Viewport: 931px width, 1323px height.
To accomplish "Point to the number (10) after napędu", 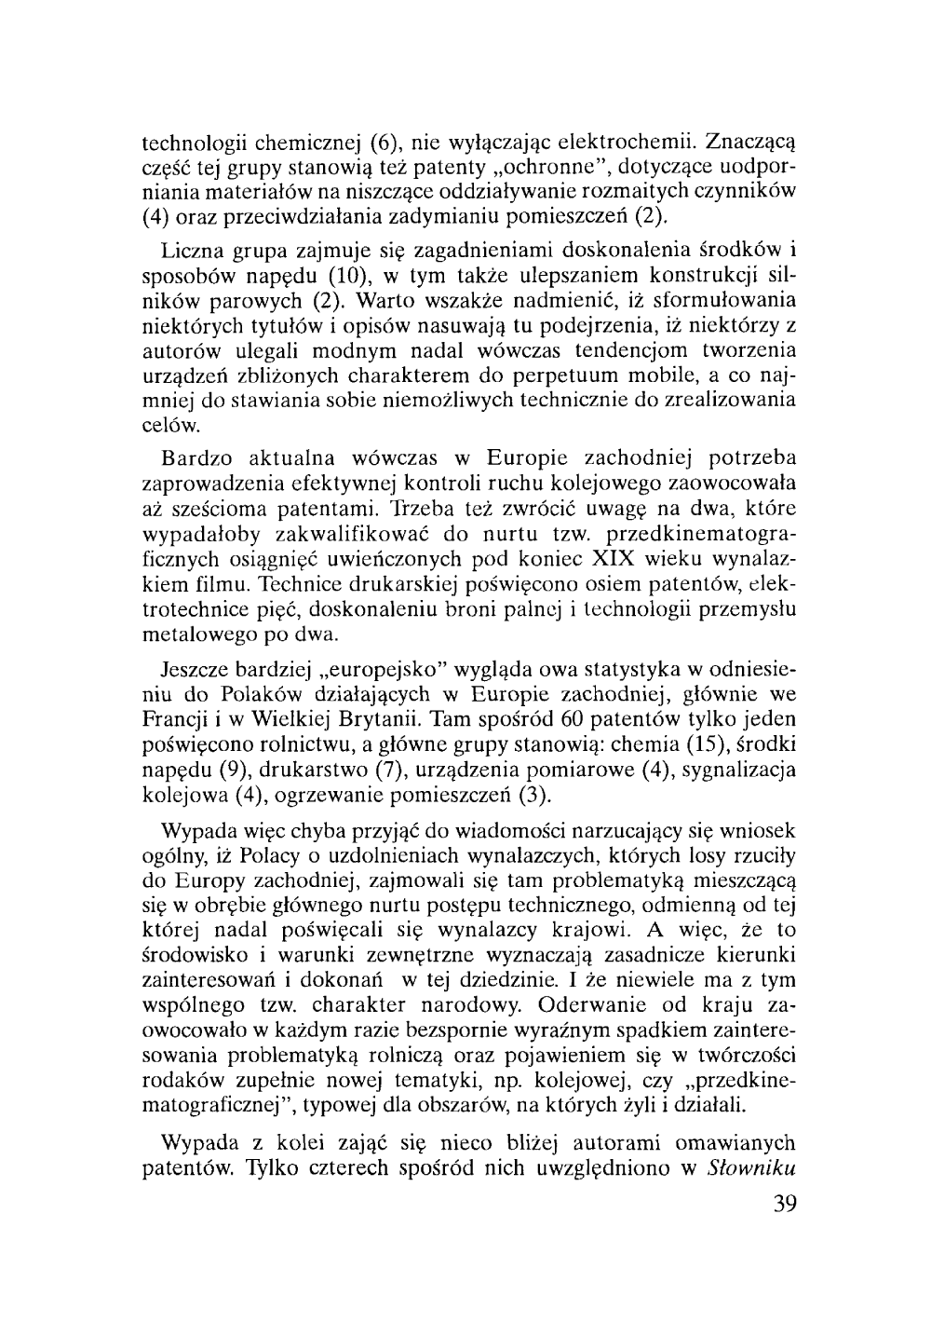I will [348, 277].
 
